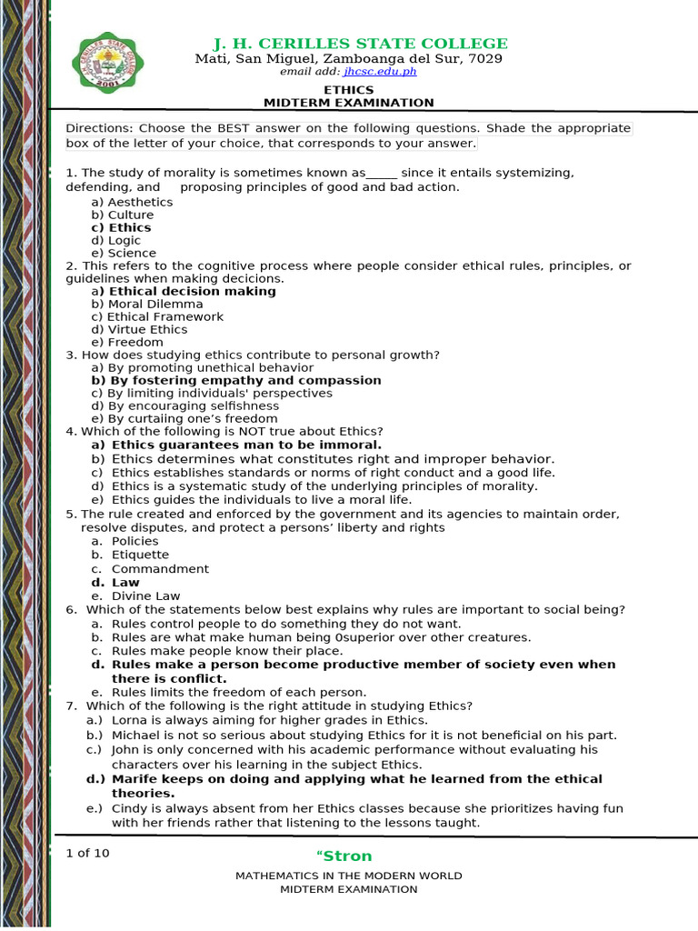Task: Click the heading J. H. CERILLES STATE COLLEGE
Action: pos(360,44)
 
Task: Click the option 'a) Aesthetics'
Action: pos(132,202)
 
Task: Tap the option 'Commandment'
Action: pos(160,568)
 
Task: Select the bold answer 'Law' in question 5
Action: pos(125,582)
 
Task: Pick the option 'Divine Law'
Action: pos(145,596)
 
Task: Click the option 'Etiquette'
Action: pos(140,555)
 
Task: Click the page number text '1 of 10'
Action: pos(87,853)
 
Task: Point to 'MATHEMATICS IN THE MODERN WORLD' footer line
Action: pos(349,876)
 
